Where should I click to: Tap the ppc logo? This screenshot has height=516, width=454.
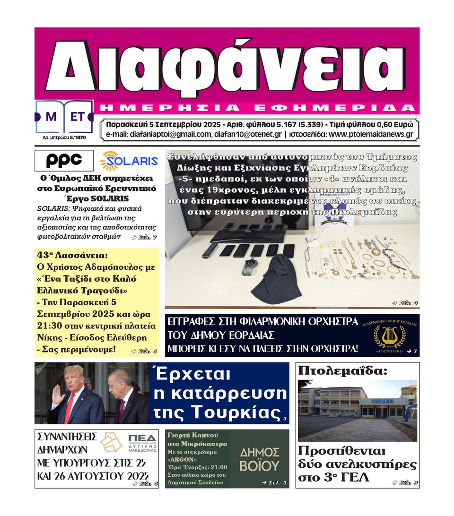pos(64,161)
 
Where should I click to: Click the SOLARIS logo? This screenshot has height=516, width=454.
pos(129,161)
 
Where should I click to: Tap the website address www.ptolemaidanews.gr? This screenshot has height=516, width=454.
pos(371,135)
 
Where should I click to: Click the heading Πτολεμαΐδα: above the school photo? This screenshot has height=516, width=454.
pos(342,371)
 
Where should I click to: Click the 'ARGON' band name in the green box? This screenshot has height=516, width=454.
pos(183,458)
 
